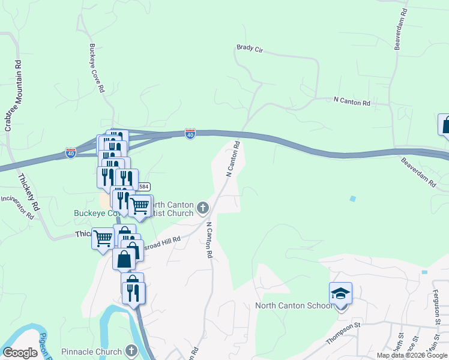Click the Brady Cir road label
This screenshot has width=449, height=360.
coord(250,47)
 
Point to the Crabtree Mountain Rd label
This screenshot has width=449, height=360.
coord(13,95)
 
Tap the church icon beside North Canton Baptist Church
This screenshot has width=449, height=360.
coord(203,208)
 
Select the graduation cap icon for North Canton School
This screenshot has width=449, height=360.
coord(340,293)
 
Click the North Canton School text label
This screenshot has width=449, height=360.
coord(294,305)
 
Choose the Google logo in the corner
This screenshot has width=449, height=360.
coord(20,353)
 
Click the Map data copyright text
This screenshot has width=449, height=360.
coord(412,355)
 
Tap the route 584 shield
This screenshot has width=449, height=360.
coord(144,187)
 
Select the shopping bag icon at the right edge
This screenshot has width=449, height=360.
coord(445,126)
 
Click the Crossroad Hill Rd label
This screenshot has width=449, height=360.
coord(161,244)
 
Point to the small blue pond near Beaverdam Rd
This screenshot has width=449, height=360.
coord(352,198)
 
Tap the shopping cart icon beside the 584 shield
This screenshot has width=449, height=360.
coord(140,206)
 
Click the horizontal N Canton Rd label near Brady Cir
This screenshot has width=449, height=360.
coord(352,102)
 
